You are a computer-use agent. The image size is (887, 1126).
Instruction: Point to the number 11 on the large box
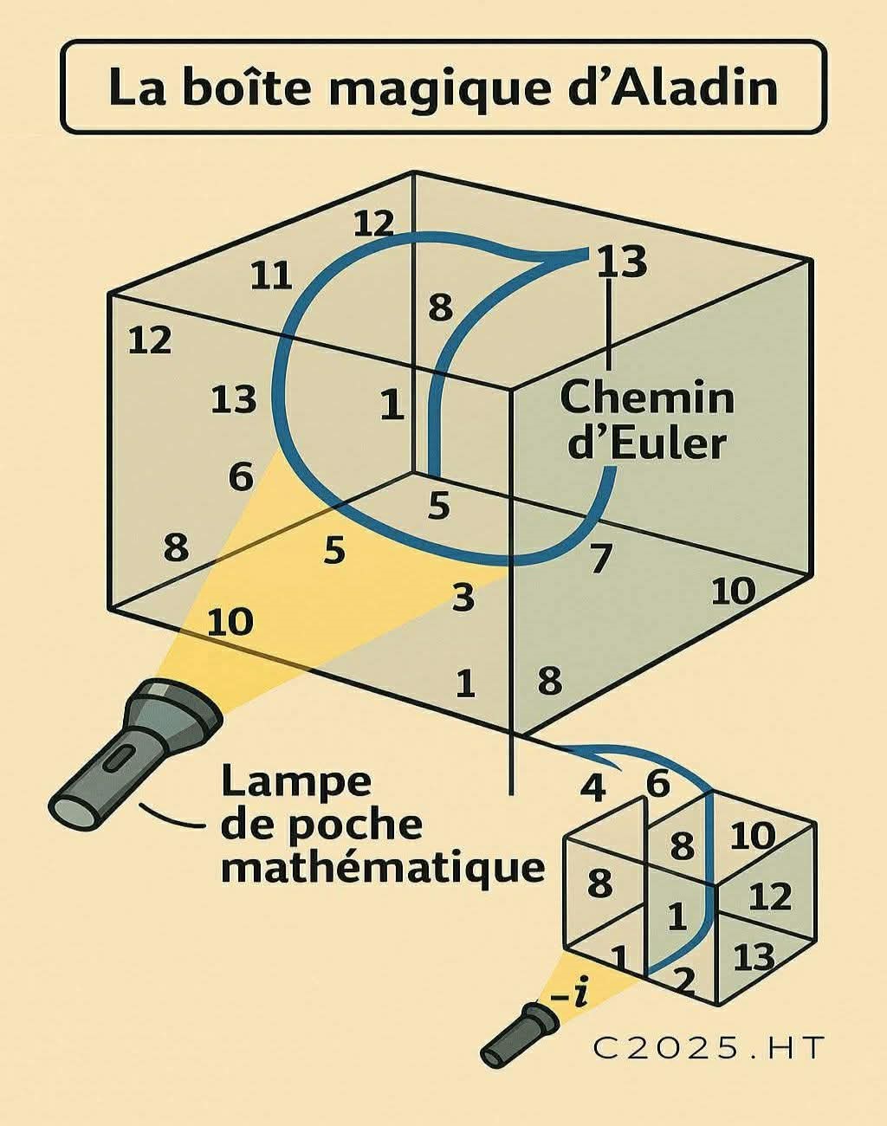click(271, 276)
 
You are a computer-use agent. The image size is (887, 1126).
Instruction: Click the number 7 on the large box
click(601, 559)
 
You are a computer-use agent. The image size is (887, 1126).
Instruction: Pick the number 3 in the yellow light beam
click(464, 596)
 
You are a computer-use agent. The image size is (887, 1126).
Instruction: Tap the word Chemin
click(647, 398)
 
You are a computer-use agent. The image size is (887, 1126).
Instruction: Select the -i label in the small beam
click(568, 996)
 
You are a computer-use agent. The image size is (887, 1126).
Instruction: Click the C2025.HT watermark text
click(707, 1048)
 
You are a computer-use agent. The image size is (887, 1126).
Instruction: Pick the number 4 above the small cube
click(592, 787)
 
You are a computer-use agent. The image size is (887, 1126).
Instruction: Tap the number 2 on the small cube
click(683, 980)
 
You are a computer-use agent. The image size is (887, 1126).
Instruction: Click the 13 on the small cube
click(754, 957)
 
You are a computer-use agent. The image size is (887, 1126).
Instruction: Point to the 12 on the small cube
click(769, 896)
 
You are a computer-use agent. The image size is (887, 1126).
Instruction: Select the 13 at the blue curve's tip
click(622, 261)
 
